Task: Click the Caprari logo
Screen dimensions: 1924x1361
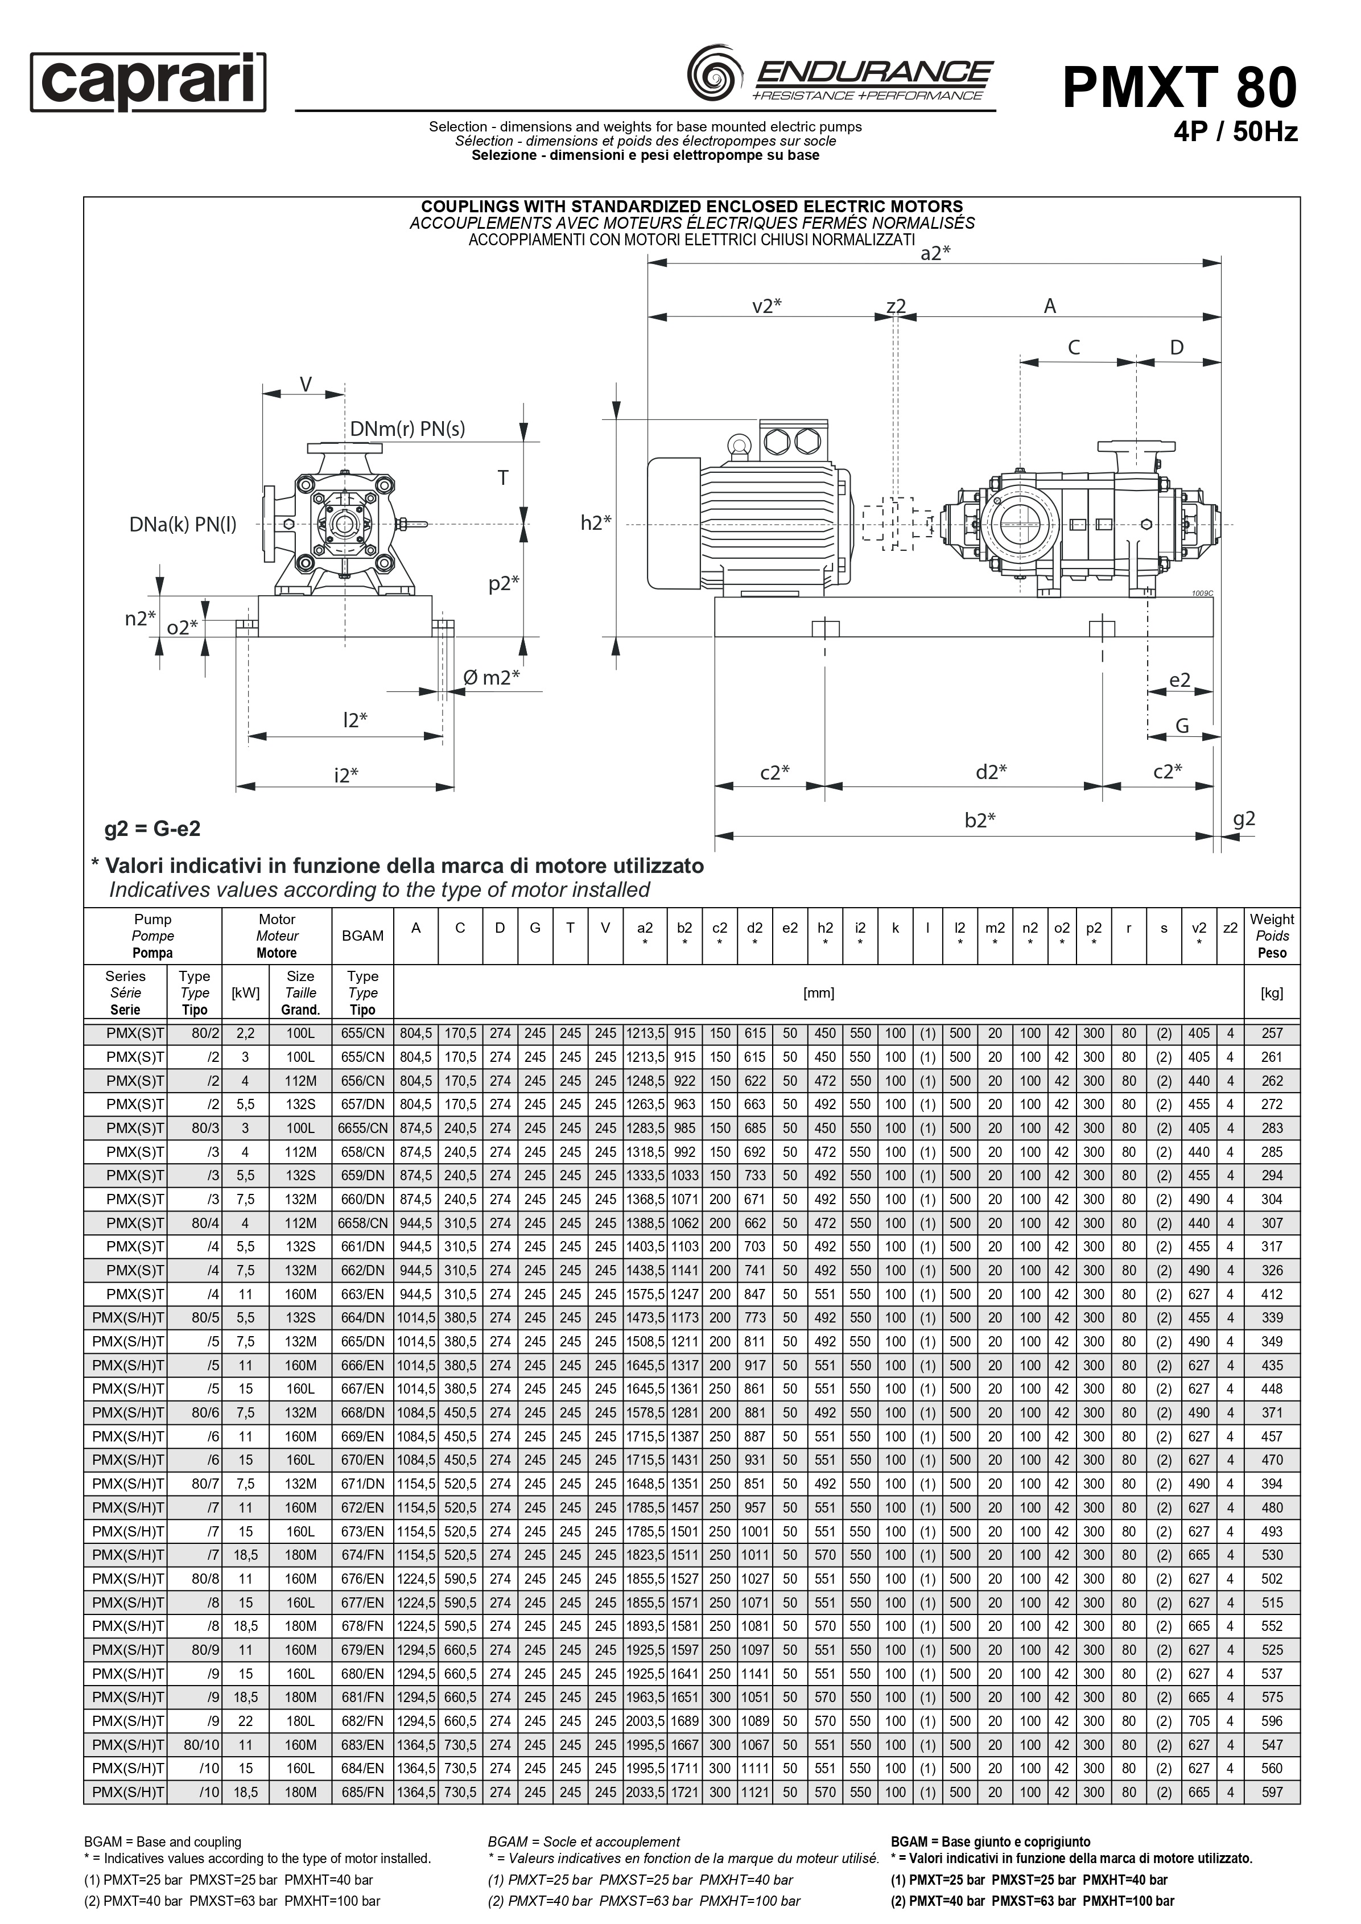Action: click(x=149, y=81)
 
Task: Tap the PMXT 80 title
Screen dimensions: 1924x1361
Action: click(x=1179, y=87)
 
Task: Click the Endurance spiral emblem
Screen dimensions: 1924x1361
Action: click(x=714, y=74)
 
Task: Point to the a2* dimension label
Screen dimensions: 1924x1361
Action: click(x=935, y=253)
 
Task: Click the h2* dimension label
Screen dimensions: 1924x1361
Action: click(x=596, y=523)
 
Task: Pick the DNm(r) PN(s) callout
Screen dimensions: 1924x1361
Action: click(x=407, y=429)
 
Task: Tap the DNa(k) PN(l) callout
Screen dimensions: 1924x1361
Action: click(x=183, y=525)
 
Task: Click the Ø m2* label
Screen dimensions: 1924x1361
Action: click(x=492, y=677)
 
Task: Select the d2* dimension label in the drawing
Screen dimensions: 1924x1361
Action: click(x=991, y=772)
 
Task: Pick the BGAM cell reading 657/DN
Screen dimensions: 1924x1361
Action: click(x=362, y=1105)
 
